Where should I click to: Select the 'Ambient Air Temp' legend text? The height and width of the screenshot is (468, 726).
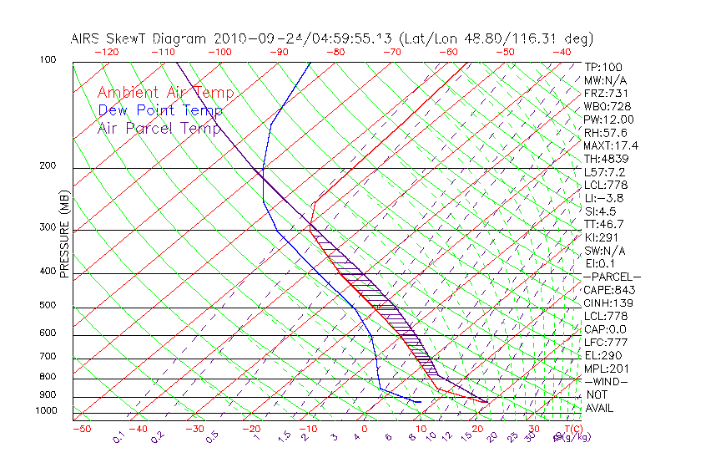click(165, 93)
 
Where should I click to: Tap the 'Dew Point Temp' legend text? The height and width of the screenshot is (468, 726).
click(160, 110)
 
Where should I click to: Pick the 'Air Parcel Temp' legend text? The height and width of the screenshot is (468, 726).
click(159, 128)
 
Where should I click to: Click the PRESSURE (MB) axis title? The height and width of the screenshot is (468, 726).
click(64, 235)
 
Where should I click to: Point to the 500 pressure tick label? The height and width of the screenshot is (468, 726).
click(48, 306)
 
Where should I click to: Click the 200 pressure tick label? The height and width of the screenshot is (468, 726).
click(48, 166)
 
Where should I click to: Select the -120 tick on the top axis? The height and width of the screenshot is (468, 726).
click(106, 52)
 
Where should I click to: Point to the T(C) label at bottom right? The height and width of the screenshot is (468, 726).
click(572, 429)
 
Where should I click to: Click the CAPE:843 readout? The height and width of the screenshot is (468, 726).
click(608, 290)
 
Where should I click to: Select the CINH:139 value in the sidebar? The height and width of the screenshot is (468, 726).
click(608, 303)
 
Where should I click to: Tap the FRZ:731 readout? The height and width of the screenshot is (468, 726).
click(606, 93)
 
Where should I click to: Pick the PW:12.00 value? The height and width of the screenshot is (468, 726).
click(608, 120)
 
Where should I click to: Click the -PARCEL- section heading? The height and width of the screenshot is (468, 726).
click(612, 277)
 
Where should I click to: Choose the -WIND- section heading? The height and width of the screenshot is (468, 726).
click(607, 381)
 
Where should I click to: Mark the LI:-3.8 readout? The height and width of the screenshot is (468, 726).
click(605, 198)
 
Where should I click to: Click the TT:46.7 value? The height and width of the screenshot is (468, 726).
click(605, 224)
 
